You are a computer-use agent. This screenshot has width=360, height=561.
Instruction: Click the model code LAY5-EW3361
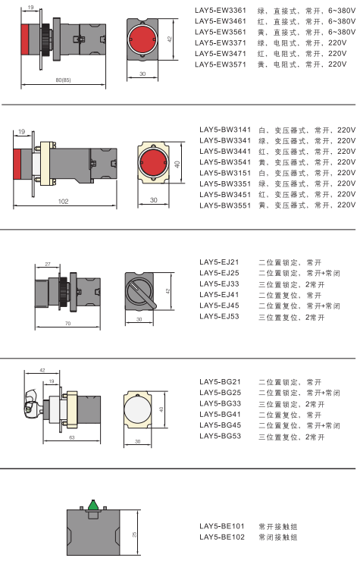coord(221,11)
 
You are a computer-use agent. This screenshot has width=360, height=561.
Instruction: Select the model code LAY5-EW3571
coord(221,64)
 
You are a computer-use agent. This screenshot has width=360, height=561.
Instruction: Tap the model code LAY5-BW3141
coord(225,130)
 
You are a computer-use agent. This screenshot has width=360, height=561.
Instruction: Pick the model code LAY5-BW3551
coord(225,205)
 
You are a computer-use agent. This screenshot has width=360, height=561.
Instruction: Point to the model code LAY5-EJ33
coord(219,284)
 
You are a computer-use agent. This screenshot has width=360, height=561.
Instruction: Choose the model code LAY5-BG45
coord(221,425)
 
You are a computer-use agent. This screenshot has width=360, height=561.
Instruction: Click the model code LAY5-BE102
coord(222,537)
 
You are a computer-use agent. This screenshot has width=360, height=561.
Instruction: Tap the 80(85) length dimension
coord(64,80)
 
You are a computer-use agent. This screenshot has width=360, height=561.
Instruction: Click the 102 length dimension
coord(64,202)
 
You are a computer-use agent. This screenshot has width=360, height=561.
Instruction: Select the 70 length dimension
coord(68,324)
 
